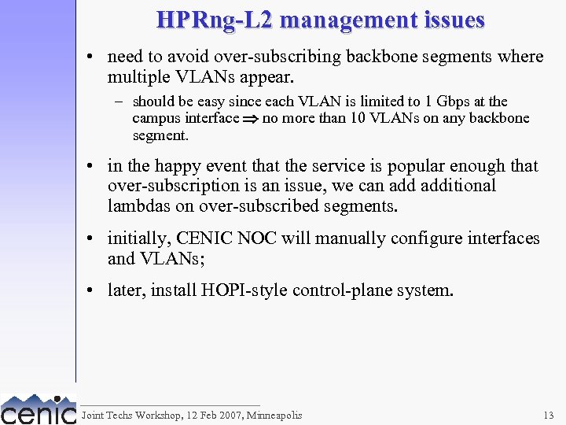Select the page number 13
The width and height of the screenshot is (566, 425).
(548, 415)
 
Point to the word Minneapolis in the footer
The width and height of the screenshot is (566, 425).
(274, 415)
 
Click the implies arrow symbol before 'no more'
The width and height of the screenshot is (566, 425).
(251, 119)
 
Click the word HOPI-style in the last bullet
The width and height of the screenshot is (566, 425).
(248, 290)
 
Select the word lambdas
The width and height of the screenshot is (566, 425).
(136, 206)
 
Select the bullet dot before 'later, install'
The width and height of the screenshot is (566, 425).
(93, 290)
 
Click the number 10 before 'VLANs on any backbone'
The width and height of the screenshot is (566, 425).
(359, 118)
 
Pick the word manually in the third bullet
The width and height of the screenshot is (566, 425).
(344, 238)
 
